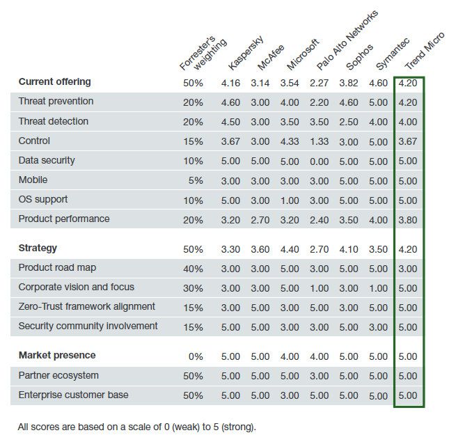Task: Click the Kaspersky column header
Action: coord(246,53)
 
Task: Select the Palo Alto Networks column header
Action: coord(347,40)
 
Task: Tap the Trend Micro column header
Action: coord(425,51)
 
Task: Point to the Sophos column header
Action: coord(360,57)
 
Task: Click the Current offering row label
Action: coord(55,82)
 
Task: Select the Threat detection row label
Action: coord(54,121)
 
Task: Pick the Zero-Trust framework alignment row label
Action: coord(87,306)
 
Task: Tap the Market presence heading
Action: coord(57,355)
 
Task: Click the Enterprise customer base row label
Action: coord(73,395)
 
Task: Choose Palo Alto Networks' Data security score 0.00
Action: coord(319,161)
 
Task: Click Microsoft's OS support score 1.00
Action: coord(290,200)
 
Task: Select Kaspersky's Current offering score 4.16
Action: coord(230,83)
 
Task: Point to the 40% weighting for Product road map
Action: coord(193,269)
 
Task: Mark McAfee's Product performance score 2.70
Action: coord(260,220)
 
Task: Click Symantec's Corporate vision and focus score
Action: coord(378,288)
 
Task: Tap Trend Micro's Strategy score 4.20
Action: coord(408,249)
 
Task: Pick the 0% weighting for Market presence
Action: coord(196,356)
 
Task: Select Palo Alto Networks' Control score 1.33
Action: coord(319,141)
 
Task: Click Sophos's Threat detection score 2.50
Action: coord(349,122)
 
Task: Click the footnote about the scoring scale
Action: coord(137,427)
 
